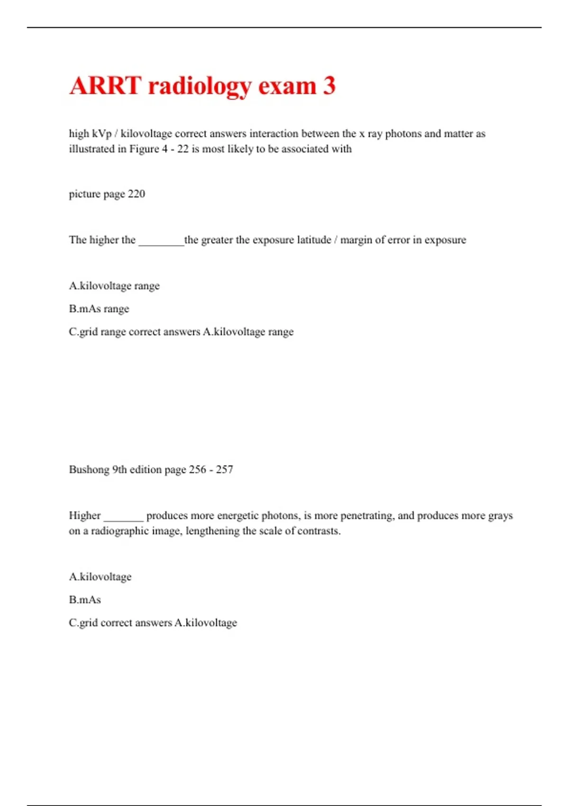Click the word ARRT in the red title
click(105, 86)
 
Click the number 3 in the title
click(329, 86)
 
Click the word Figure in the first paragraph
click(144, 149)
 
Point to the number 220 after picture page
click(136, 194)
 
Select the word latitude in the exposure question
click(314, 240)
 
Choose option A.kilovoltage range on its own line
click(114, 286)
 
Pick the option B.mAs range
click(99, 309)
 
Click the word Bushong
click(89, 469)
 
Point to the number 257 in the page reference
click(224, 469)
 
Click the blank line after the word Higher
click(123, 518)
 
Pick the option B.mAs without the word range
click(85, 600)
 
